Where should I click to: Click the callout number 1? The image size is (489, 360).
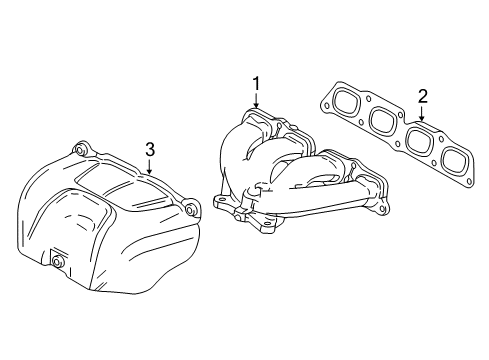point(256,84)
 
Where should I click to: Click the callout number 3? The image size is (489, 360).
point(149,150)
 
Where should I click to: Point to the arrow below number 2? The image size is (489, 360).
point(422,114)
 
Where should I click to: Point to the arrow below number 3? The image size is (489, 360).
point(149,168)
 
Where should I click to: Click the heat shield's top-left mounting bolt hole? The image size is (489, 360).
point(81,152)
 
